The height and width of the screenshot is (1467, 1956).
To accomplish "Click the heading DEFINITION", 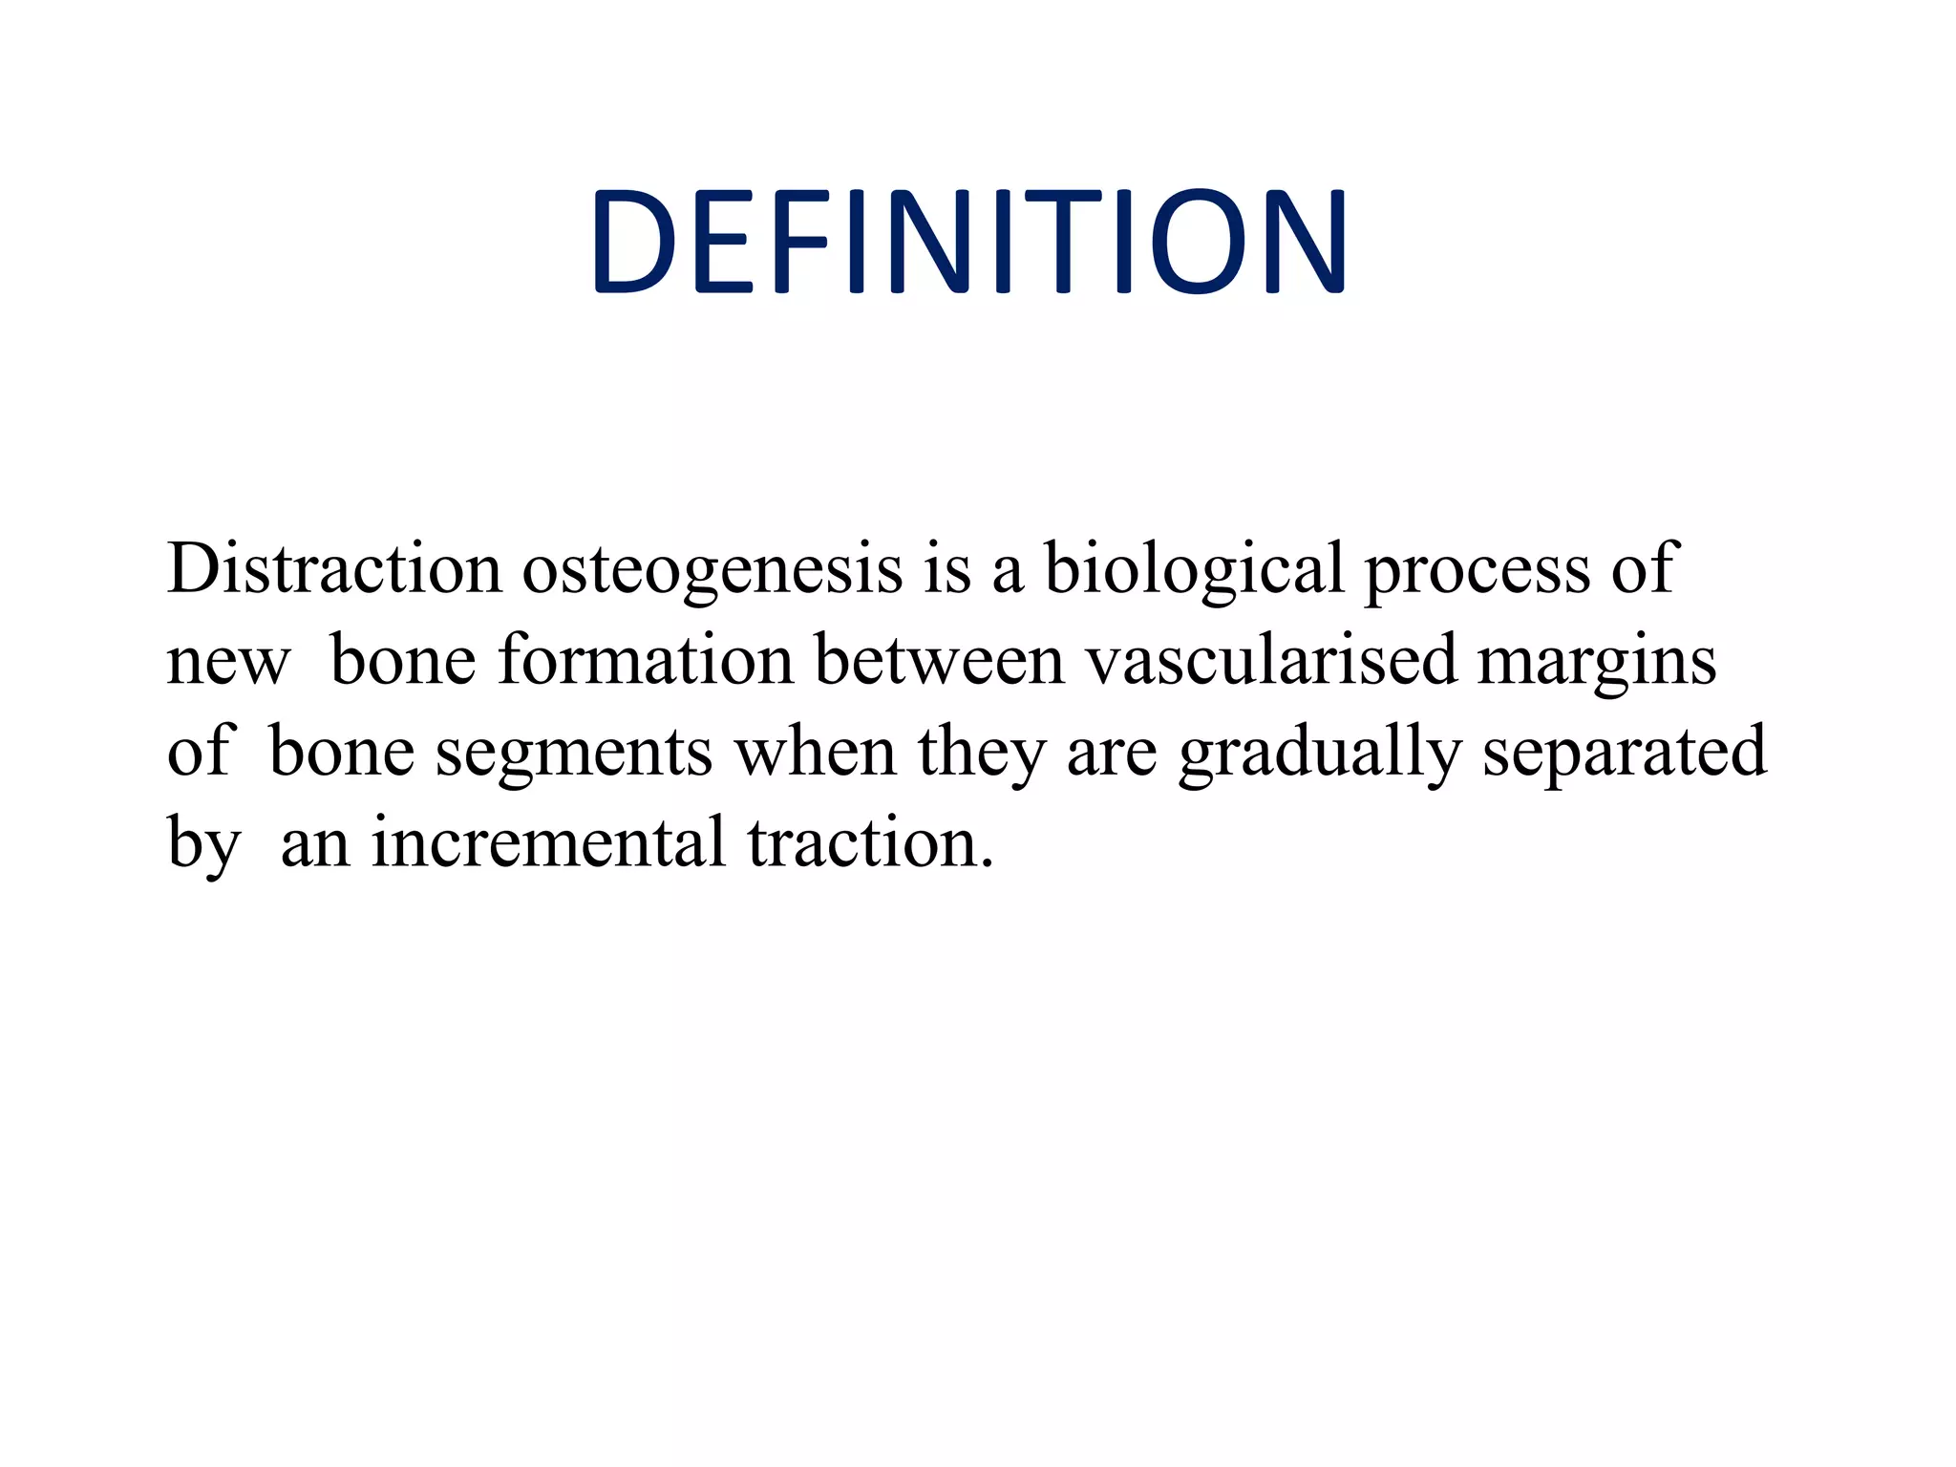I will click(x=968, y=242).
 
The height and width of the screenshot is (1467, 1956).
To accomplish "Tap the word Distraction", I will click(x=333, y=569).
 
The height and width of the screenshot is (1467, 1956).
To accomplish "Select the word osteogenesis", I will click(x=712, y=569).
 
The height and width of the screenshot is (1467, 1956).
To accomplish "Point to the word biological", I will click(x=1194, y=569).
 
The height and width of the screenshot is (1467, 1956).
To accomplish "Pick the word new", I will click(x=227, y=661).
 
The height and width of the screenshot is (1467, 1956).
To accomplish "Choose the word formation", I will click(x=646, y=661).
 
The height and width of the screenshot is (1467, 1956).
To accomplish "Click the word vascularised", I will click(x=1271, y=661).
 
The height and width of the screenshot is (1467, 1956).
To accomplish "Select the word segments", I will click(x=574, y=754).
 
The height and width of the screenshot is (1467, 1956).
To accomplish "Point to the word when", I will click(x=815, y=752).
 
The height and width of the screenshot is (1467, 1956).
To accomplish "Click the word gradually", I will click(x=1319, y=754).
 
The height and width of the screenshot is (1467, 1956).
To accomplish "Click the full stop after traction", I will click(x=987, y=864).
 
